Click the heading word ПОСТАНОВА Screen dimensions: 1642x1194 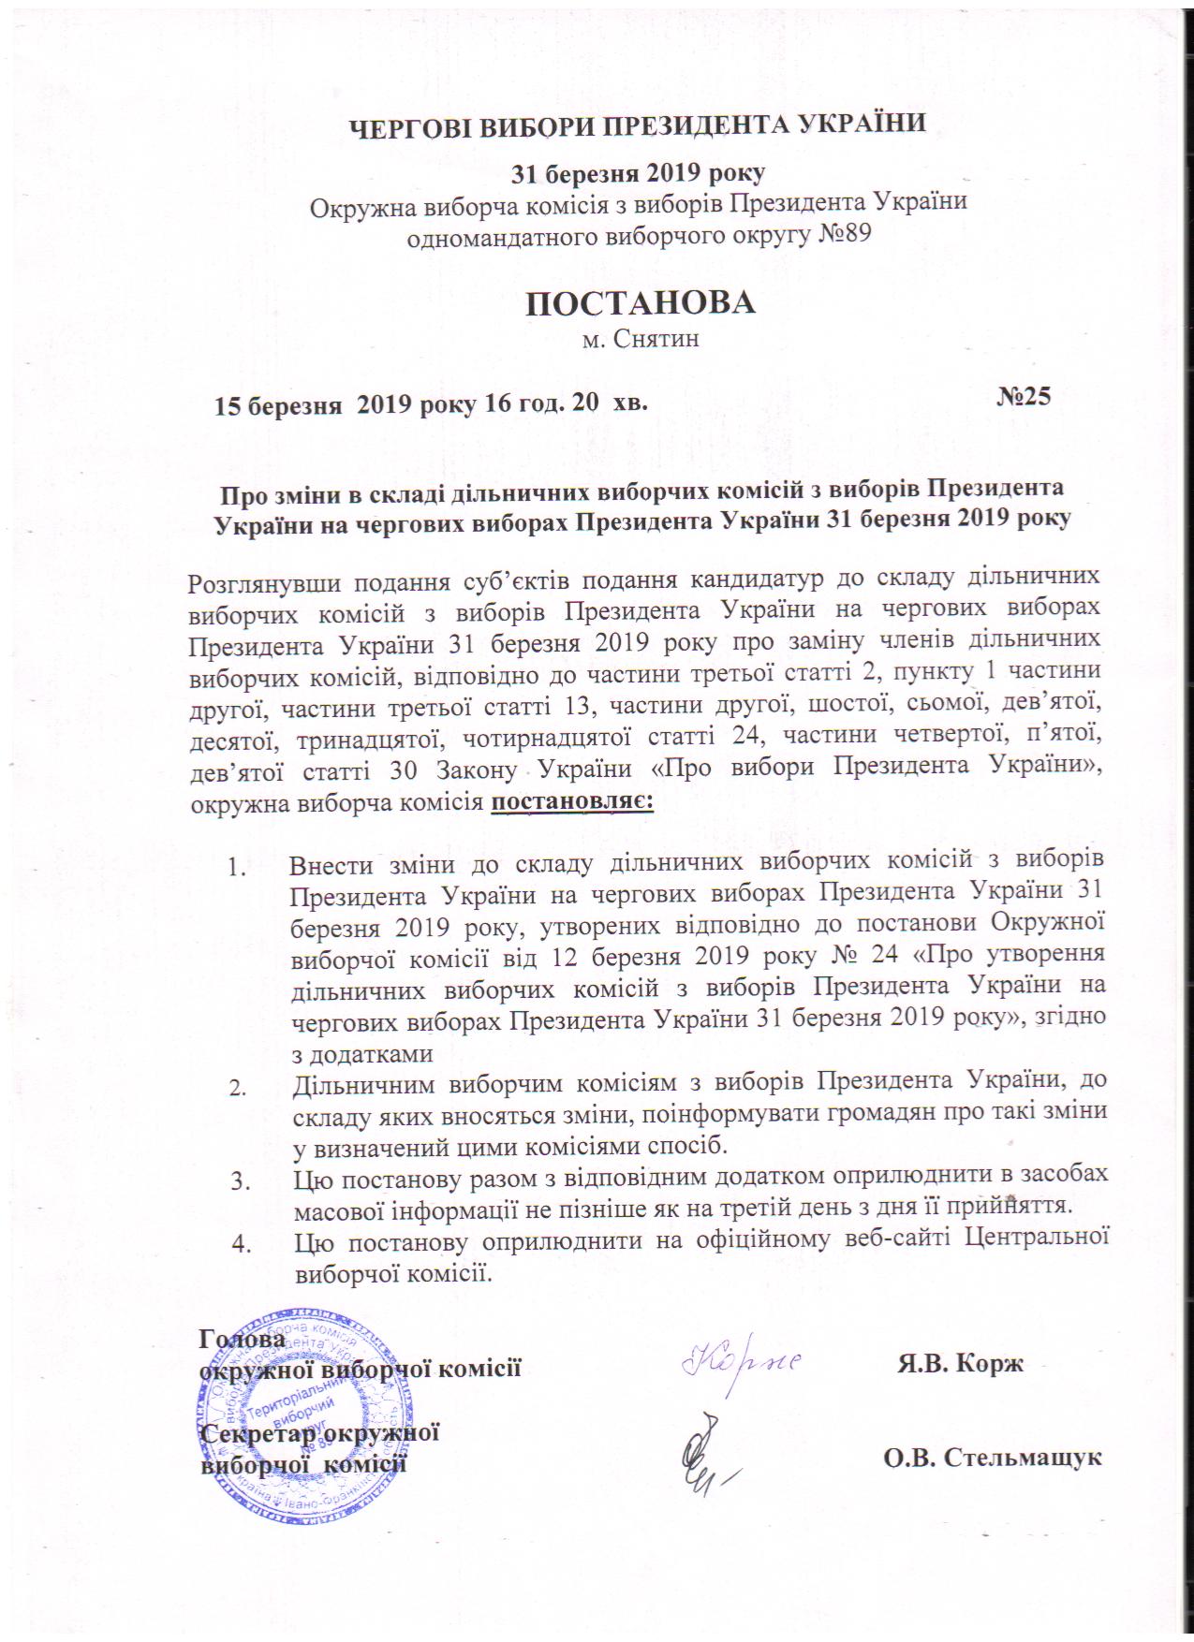tap(640, 304)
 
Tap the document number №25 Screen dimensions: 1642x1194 tap(1024, 397)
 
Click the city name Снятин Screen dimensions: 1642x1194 tap(654, 339)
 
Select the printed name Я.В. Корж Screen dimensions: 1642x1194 tap(961, 1363)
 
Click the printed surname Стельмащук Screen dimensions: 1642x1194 tap(1024, 1457)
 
